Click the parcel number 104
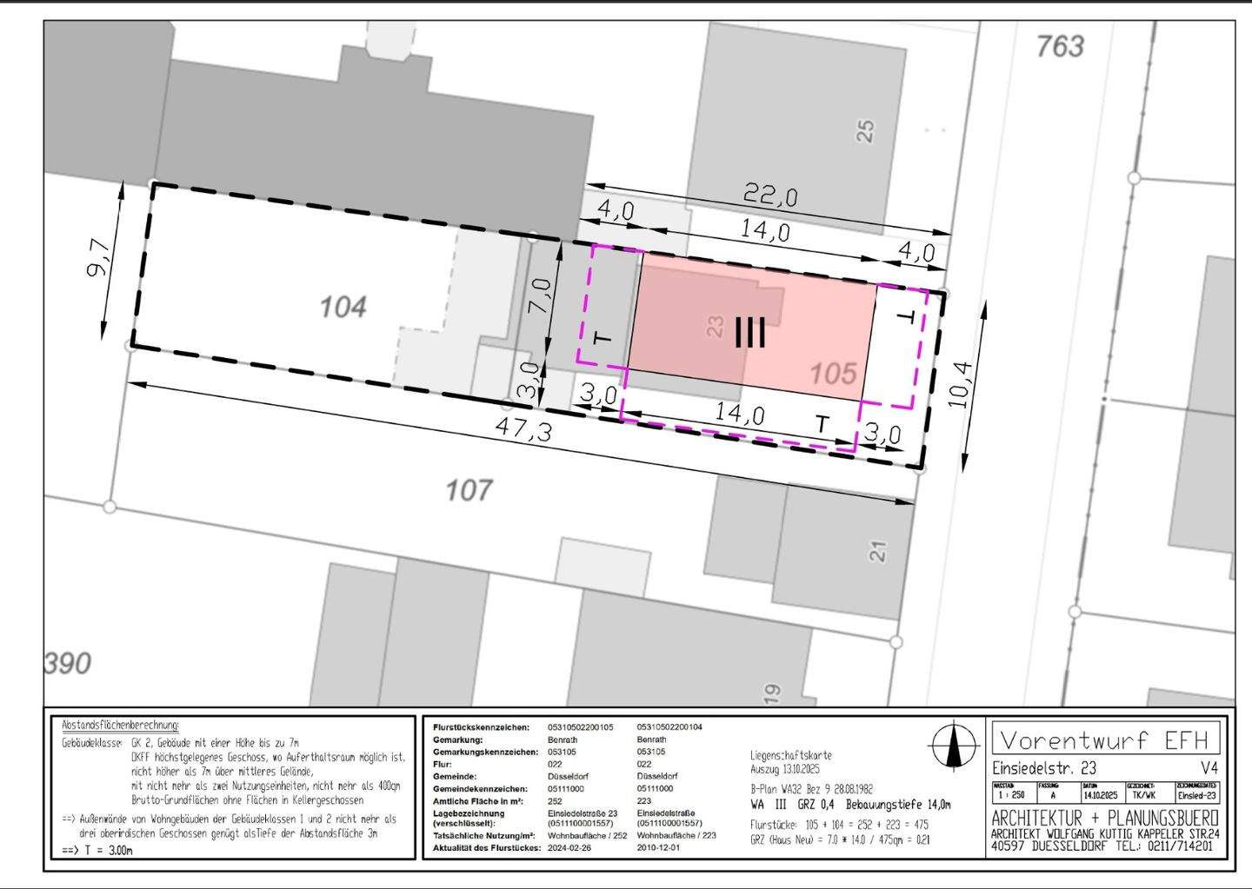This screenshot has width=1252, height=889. pyautogui.click(x=343, y=307)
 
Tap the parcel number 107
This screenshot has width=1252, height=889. pyautogui.click(x=469, y=491)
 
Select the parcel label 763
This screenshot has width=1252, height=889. pyautogui.click(x=1060, y=46)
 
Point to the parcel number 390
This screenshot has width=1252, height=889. pyautogui.click(x=67, y=663)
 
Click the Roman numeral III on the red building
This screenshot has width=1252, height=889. pyautogui.click(x=749, y=332)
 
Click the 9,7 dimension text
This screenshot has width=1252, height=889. pyautogui.click(x=99, y=258)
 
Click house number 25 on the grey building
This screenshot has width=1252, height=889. pyautogui.click(x=865, y=131)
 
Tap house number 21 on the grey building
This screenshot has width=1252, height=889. pyautogui.click(x=878, y=551)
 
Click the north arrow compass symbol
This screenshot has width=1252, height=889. pyautogui.click(x=954, y=746)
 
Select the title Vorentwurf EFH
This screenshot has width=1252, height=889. pyautogui.click(x=1104, y=740)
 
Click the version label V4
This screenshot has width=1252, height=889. pyautogui.click(x=1209, y=768)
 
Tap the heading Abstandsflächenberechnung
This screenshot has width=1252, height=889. pyautogui.click(x=120, y=725)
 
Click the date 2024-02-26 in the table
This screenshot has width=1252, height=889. pyautogui.click(x=569, y=847)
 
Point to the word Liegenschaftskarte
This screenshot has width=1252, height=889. pyautogui.click(x=790, y=756)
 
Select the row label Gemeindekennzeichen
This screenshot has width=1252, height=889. pyautogui.click(x=480, y=788)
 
